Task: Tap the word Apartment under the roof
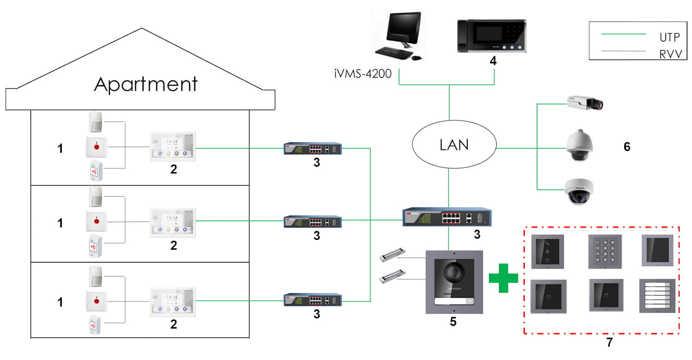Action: (146, 84)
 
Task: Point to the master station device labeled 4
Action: (491, 36)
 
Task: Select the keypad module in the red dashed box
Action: (604, 252)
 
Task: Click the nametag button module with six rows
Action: (657, 296)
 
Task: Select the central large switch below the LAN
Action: (447, 217)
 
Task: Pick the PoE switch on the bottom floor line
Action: (313, 300)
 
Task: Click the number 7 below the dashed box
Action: (609, 342)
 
